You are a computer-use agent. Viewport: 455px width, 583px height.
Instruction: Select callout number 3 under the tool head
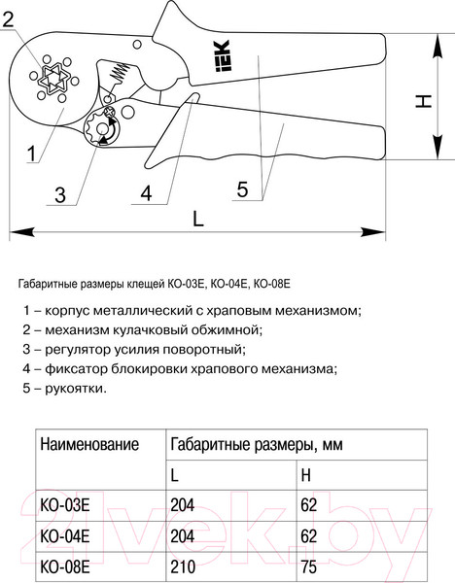tap(60, 194)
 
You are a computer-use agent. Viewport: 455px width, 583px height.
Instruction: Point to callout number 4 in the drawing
tap(146, 192)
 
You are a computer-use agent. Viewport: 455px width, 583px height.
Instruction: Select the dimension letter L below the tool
tap(197, 220)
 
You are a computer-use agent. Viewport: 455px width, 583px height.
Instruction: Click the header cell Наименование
tap(89, 444)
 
